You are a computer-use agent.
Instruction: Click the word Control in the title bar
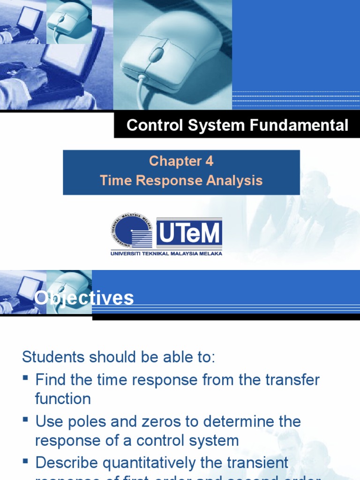point(149,125)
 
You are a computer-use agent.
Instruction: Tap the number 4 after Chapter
point(209,161)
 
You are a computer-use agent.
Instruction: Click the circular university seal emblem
point(132,231)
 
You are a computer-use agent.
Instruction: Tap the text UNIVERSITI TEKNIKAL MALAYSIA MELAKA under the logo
point(166,254)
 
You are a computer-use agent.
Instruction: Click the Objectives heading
point(84,298)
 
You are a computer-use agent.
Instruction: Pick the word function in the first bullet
point(63,399)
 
